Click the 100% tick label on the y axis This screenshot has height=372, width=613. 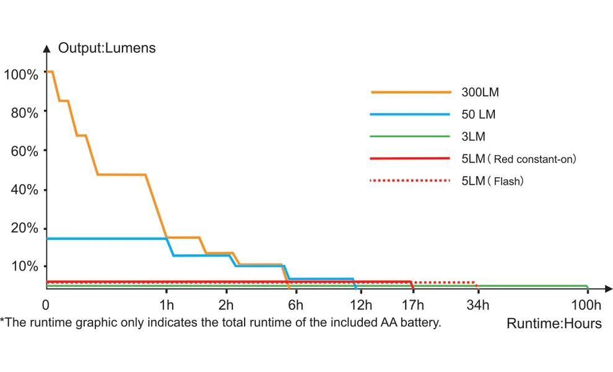click(20, 74)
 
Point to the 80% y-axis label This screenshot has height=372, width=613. click(24, 112)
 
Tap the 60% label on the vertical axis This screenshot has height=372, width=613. click(24, 151)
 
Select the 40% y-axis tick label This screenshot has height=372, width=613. click(24, 189)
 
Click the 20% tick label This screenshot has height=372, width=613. click(24, 228)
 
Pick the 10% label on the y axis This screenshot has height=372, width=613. click(24, 266)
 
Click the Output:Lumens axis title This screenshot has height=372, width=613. click(107, 48)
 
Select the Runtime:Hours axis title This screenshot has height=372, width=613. click(554, 324)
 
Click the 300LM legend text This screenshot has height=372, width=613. click(480, 92)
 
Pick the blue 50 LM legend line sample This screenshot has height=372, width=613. click(409, 114)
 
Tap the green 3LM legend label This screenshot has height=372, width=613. click(474, 136)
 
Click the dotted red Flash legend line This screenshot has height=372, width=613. click(409, 181)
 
